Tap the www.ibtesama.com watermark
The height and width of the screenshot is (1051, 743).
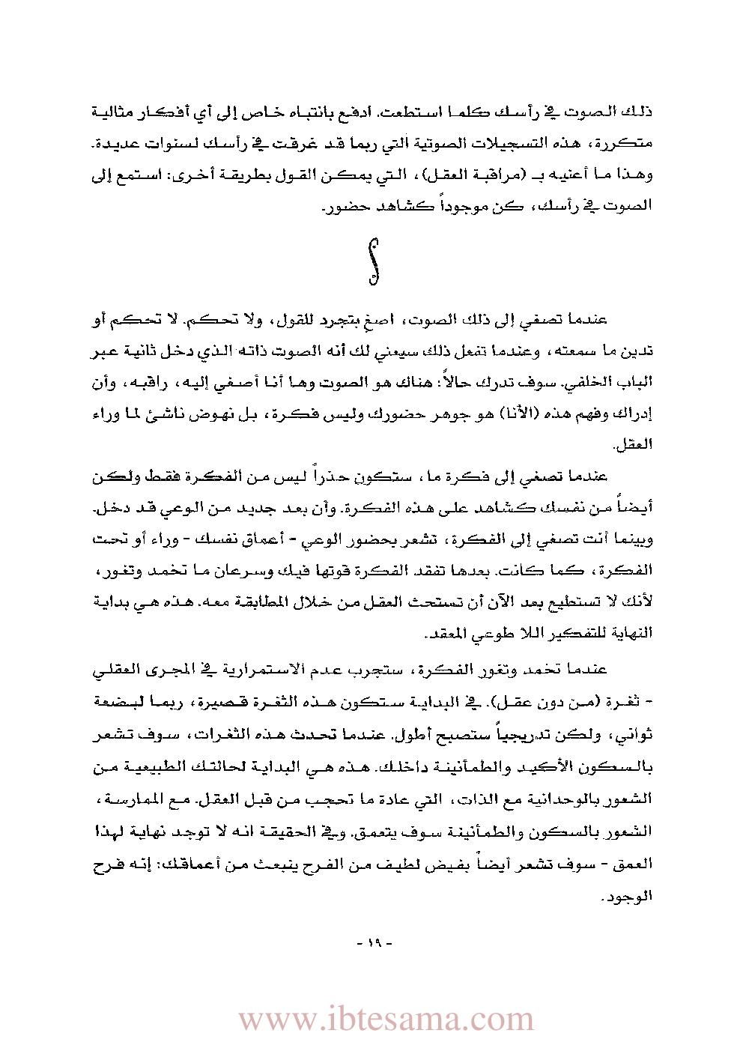(x=386, y=1019)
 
